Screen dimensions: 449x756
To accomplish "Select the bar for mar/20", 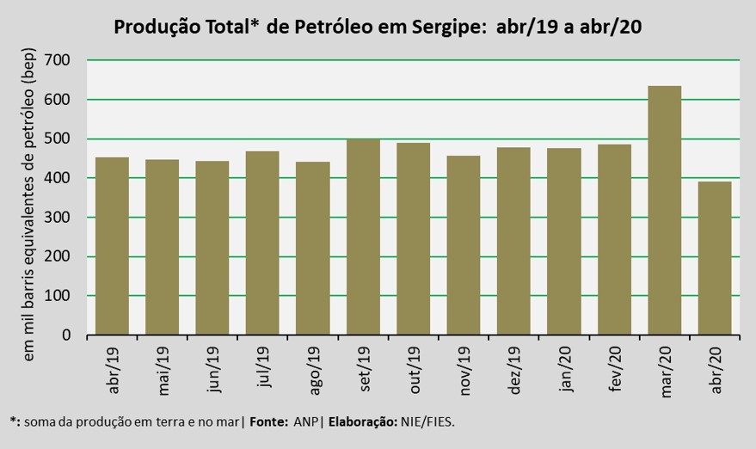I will coord(664,211).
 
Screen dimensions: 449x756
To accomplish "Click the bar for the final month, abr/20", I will coord(714,258).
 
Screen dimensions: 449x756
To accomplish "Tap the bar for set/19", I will coord(363,237).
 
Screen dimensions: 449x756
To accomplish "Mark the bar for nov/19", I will coord(463,245).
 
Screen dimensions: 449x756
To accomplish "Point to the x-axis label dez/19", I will coord(513,371).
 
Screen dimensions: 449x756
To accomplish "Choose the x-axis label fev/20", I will coord(614,371).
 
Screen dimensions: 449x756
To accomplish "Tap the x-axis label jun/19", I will coord(213,371).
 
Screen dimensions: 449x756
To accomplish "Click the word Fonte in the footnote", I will coord(268,422).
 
